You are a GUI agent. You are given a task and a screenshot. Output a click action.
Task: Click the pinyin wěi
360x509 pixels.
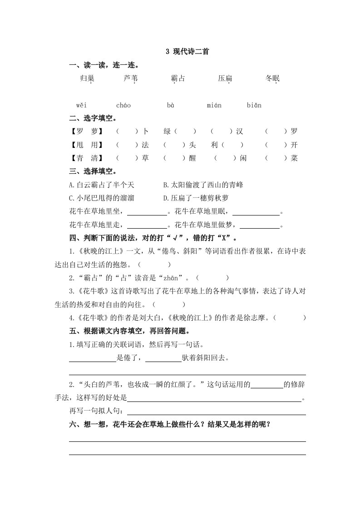tap(81, 106)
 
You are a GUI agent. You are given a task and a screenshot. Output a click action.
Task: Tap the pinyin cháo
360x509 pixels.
tap(123, 106)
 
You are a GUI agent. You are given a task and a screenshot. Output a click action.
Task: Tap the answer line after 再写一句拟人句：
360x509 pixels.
tap(216, 412)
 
